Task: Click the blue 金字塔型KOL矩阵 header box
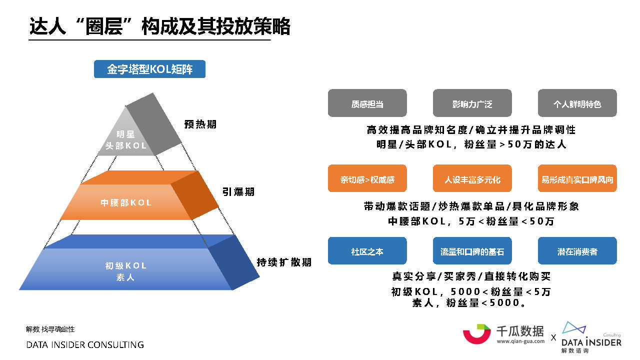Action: click(149, 69)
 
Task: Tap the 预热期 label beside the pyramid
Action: click(200, 124)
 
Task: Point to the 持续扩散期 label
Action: click(284, 262)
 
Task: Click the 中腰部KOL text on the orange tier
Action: click(126, 203)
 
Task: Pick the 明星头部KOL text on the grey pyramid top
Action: click(126, 140)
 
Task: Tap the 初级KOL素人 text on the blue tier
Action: click(126, 271)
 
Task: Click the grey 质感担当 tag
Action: click(367, 103)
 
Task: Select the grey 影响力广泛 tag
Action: click(472, 103)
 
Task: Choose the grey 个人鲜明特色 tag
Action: click(577, 103)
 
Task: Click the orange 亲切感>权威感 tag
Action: click(367, 178)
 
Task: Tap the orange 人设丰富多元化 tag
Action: click(472, 178)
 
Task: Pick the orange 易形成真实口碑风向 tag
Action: click(577, 178)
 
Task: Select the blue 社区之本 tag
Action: click(367, 251)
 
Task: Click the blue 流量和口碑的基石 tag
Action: click(472, 251)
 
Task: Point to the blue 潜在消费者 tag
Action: click(577, 251)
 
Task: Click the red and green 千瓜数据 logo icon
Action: click(476, 334)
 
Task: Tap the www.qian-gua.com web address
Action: click(520, 341)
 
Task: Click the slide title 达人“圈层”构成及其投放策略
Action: click(159, 26)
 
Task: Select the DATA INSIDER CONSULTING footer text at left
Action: click(85, 345)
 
